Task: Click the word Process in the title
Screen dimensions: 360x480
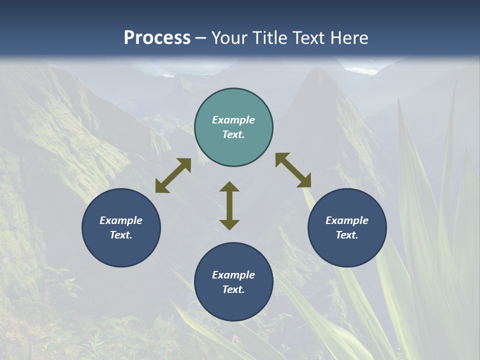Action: (157, 38)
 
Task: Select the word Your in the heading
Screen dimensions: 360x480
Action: (230, 38)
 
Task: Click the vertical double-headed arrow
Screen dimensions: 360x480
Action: (229, 205)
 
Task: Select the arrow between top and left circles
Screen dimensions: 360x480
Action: (173, 175)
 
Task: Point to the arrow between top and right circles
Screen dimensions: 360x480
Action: (293, 170)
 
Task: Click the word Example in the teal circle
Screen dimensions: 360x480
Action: (233, 120)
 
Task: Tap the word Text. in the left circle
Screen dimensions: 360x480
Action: (121, 235)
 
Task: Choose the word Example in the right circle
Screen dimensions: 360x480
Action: (347, 220)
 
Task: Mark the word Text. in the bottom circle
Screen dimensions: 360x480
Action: (233, 289)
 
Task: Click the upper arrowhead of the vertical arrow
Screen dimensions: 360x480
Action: (229, 187)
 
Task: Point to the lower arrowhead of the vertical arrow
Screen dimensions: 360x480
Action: (229, 224)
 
